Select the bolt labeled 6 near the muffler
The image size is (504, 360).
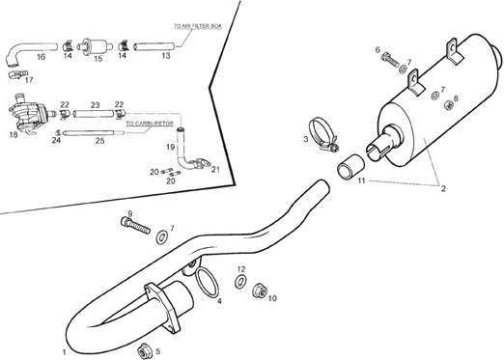click(390, 61)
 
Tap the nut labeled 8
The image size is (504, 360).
click(448, 105)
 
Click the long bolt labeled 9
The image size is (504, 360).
click(136, 225)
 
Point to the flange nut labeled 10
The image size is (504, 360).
click(260, 291)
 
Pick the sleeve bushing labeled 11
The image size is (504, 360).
click(350, 166)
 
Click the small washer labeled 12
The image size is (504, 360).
click(239, 281)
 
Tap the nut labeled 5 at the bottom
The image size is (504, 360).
click(144, 352)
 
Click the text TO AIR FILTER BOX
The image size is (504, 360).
click(198, 26)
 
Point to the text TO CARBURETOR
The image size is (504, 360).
click(150, 124)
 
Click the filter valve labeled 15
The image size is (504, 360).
click(96, 47)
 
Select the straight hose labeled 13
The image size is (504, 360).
click(154, 46)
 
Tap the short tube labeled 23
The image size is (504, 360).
click(94, 114)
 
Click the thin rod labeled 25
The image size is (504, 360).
click(94, 132)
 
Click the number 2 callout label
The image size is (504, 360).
click(443, 189)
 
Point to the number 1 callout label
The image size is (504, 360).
click(64, 352)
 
